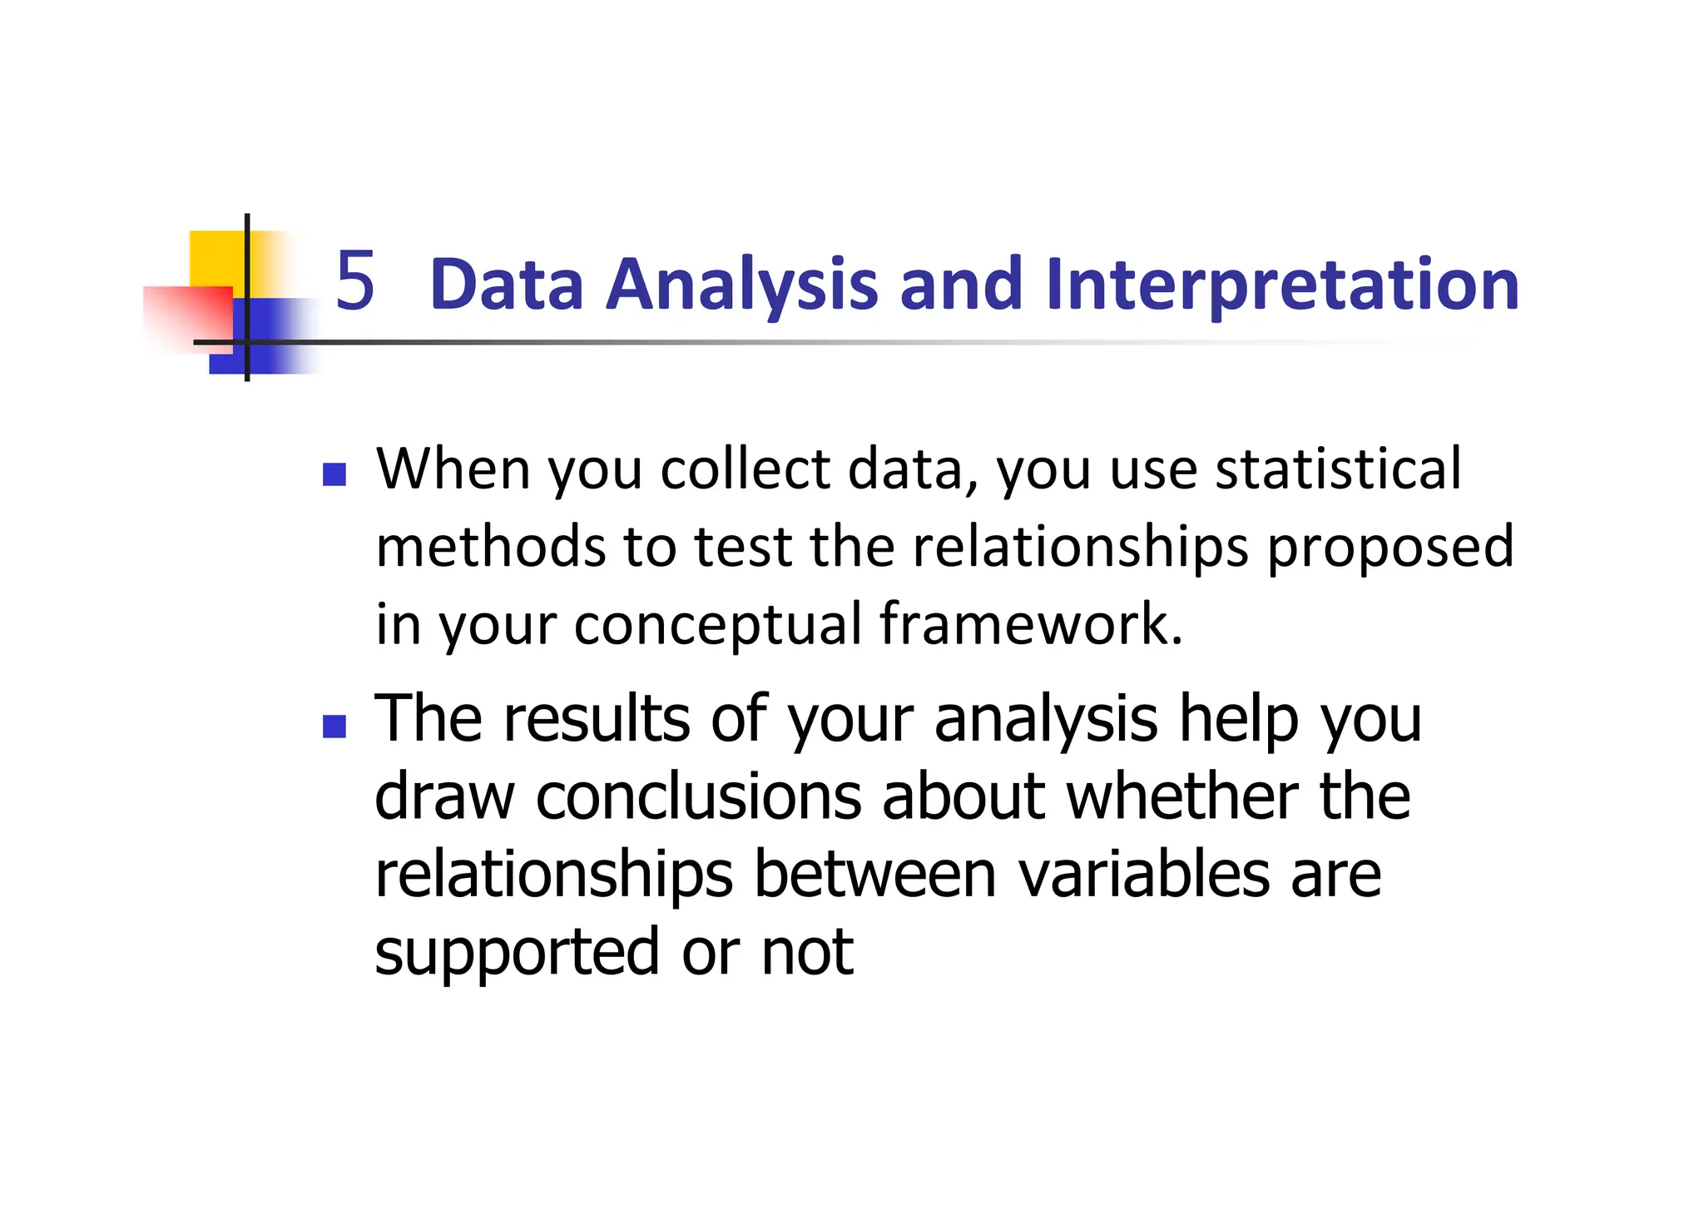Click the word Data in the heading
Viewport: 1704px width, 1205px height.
pyautogui.click(x=507, y=285)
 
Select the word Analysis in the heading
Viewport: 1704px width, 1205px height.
pyautogui.click(x=741, y=285)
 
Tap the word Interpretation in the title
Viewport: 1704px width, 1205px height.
pyautogui.click(x=1282, y=285)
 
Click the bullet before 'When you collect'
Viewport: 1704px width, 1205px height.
pyautogui.click(x=334, y=475)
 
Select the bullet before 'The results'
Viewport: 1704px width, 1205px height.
pyautogui.click(x=334, y=726)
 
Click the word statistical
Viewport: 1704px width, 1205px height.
pyautogui.click(x=1338, y=469)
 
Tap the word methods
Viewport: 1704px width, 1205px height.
pyautogui.click(x=490, y=547)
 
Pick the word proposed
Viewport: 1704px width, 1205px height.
pyautogui.click(x=1389, y=547)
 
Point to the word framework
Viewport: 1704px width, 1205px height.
pyautogui.click(x=1030, y=624)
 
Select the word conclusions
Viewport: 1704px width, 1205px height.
pyautogui.click(x=698, y=796)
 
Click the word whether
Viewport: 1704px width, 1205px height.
pyautogui.click(x=1182, y=796)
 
